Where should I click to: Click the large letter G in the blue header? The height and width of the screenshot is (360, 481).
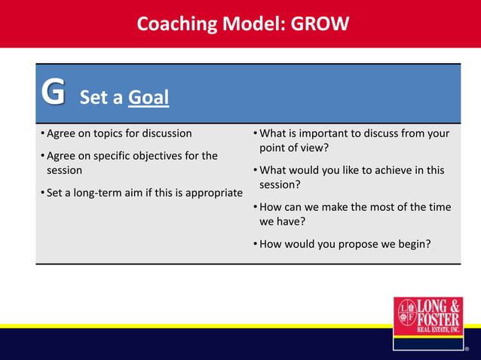pos(53,93)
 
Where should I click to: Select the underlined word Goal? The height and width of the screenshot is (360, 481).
pos(149,98)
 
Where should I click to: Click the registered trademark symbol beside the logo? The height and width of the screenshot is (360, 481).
pos(467,349)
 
